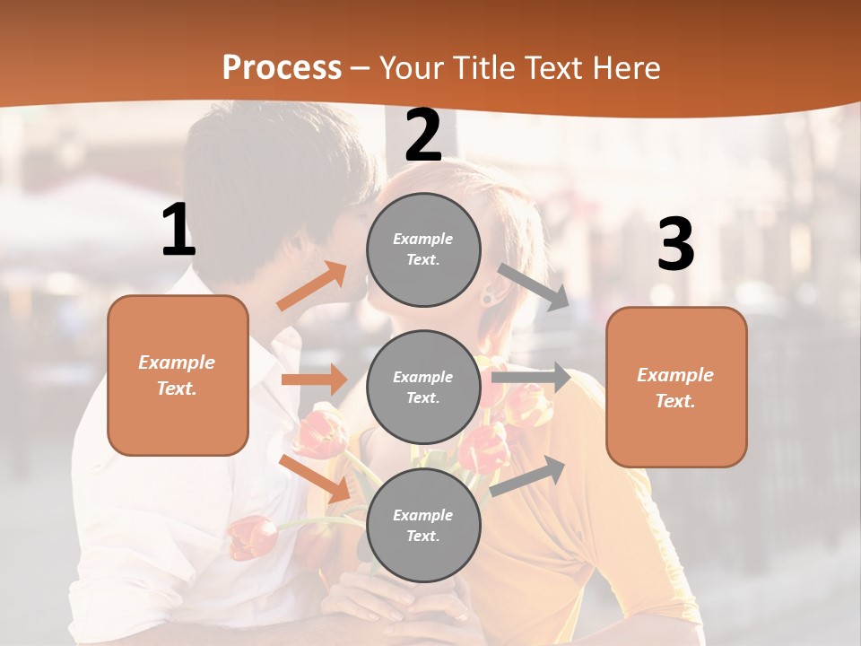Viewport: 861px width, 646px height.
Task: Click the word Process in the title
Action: pyautogui.click(x=282, y=67)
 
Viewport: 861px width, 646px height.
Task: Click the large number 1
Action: pyautogui.click(x=178, y=231)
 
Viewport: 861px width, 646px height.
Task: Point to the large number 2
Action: pyautogui.click(x=423, y=136)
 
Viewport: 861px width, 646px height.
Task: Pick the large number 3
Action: pyautogui.click(x=675, y=245)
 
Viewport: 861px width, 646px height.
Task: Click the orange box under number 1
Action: pyautogui.click(x=178, y=375)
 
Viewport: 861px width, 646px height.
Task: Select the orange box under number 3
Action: pyautogui.click(x=676, y=388)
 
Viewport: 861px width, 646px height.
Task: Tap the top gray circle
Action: pyautogui.click(x=423, y=249)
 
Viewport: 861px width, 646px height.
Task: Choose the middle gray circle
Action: pyautogui.click(x=423, y=388)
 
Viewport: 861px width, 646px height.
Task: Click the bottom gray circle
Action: pyautogui.click(x=423, y=526)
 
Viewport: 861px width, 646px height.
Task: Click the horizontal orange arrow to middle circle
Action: pyautogui.click(x=314, y=380)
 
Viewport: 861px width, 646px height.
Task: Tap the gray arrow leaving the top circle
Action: pyautogui.click(x=535, y=287)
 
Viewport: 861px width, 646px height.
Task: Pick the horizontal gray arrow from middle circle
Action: pyautogui.click(x=531, y=378)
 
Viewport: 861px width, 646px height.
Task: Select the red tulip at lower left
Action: pyautogui.click(x=252, y=537)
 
